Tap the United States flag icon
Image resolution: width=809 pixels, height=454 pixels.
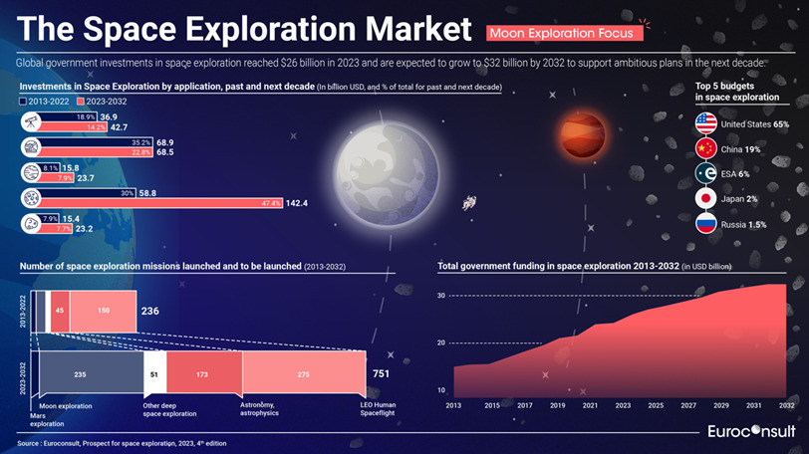click(705, 123)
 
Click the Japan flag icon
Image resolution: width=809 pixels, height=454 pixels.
click(705, 198)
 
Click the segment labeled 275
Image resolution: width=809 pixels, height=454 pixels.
click(304, 373)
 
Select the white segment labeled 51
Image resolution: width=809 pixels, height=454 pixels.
click(153, 373)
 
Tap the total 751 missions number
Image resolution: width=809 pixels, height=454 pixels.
click(382, 373)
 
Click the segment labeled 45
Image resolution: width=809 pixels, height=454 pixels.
click(59, 310)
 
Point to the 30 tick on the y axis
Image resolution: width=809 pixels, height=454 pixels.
click(440, 296)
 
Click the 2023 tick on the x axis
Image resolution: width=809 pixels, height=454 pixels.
click(623, 405)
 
